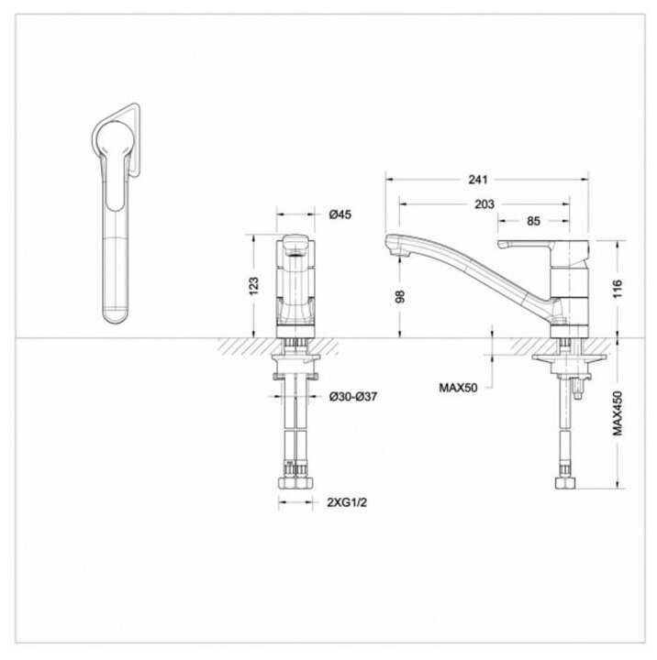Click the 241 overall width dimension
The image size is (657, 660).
pyautogui.click(x=478, y=180)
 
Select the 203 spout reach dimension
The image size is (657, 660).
pyautogui.click(x=484, y=204)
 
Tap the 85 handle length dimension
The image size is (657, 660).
pyautogui.click(x=533, y=221)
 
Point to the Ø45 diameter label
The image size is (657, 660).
pyautogui.click(x=340, y=214)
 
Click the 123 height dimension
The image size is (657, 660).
pyautogui.click(x=253, y=286)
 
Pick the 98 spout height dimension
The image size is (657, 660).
pyautogui.click(x=400, y=296)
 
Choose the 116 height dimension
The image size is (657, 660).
pyautogui.click(x=617, y=289)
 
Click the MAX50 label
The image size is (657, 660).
pyautogui.click(x=458, y=388)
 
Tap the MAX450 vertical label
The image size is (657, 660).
pyautogui.click(x=618, y=412)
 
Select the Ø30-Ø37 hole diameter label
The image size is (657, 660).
pyautogui.click(x=353, y=397)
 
